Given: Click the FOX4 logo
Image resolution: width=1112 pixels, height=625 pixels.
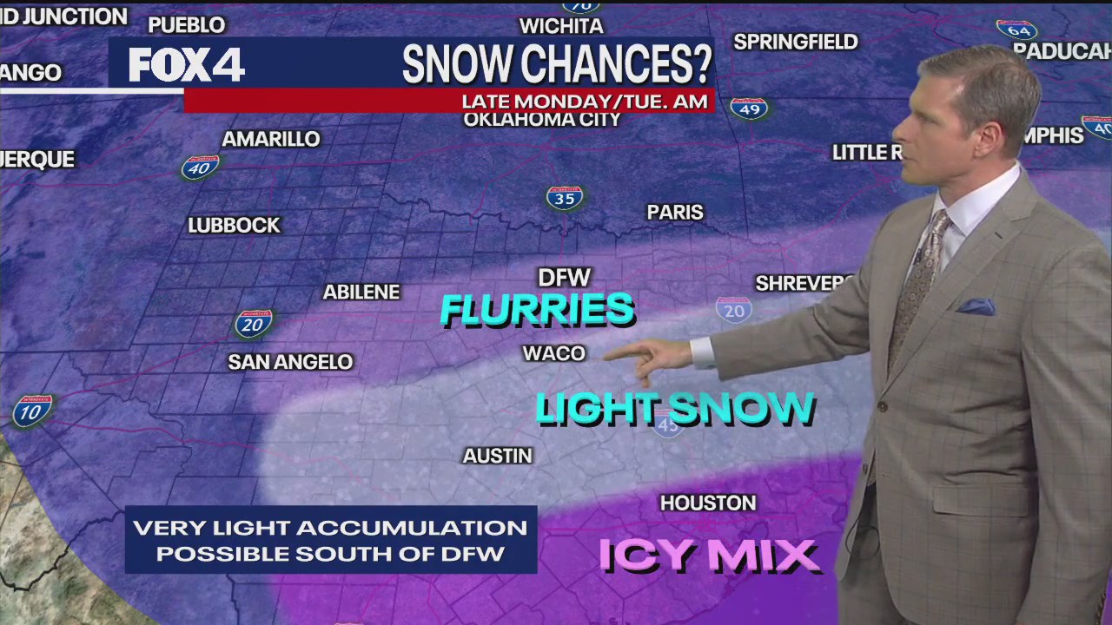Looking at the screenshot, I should pyautogui.click(x=186, y=65).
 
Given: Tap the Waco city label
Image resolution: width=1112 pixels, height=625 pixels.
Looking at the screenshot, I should pyautogui.click(x=553, y=353).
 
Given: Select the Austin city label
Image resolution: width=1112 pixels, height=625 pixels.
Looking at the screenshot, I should pyautogui.click(x=497, y=456).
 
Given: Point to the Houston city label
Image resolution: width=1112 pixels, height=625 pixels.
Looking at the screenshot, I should pyautogui.click(x=708, y=503).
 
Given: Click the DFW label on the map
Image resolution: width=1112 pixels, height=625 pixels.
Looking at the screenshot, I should pyautogui.click(x=564, y=278).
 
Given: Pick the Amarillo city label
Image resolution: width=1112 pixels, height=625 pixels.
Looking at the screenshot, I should pyautogui.click(x=271, y=139).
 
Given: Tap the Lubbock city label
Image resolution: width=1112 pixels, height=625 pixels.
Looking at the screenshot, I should pyautogui.click(x=234, y=226).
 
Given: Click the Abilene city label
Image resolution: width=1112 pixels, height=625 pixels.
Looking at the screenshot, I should pyautogui.click(x=361, y=293).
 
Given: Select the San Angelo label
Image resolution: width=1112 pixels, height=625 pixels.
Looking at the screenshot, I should pyautogui.click(x=290, y=362).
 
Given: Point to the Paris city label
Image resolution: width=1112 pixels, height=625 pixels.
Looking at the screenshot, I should pyautogui.click(x=675, y=213).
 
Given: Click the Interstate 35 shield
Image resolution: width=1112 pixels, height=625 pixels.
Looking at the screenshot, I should pyautogui.click(x=565, y=198).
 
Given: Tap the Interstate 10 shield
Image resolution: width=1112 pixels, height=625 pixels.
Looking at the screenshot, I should pyautogui.click(x=32, y=411).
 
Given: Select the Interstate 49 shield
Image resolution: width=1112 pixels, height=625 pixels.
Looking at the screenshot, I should pyautogui.click(x=749, y=109).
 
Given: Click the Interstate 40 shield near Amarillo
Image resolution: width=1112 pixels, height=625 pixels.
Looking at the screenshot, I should pyautogui.click(x=200, y=167).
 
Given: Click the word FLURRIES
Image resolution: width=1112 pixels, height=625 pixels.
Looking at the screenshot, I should pyautogui.click(x=537, y=310).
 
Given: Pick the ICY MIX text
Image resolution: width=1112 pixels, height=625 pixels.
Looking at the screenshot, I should pyautogui.click(x=709, y=556).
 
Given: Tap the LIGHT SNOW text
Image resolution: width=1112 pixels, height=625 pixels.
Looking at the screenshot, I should pyautogui.click(x=674, y=409).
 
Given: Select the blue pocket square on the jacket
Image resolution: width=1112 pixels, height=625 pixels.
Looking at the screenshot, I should pyautogui.click(x=976, y=306).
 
